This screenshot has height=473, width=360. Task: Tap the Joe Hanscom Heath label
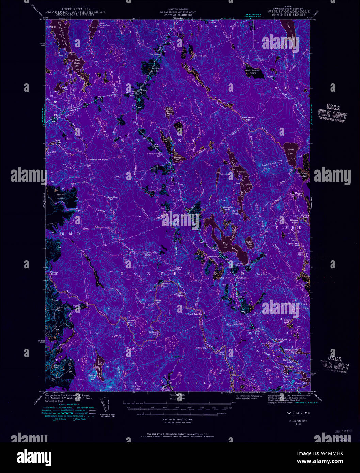pos(253,71)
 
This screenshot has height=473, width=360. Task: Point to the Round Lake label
pos(291,151)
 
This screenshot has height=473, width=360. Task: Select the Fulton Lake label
pos(249,243)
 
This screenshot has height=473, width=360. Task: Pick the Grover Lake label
pos(64,88)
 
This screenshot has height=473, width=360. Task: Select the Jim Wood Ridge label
pos(137,387)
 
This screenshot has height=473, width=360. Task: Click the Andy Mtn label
pos(261,274)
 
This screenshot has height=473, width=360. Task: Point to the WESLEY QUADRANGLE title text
pos(288,11)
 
